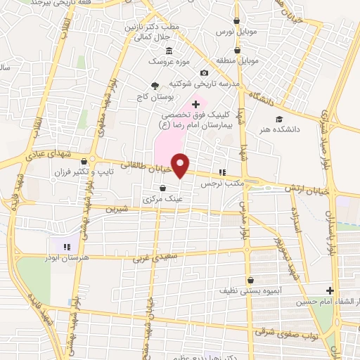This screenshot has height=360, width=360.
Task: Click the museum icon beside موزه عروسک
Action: (169, 51)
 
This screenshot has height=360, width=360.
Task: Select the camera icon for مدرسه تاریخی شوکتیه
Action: (204, 73)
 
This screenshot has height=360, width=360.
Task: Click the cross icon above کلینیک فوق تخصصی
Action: (195, 104)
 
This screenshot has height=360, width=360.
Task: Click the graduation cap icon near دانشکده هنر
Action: (279, 119)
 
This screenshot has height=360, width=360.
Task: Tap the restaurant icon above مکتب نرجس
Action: (223, 172)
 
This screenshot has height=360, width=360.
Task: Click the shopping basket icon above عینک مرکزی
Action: (163, 188)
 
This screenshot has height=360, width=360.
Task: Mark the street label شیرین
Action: (117, 209)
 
